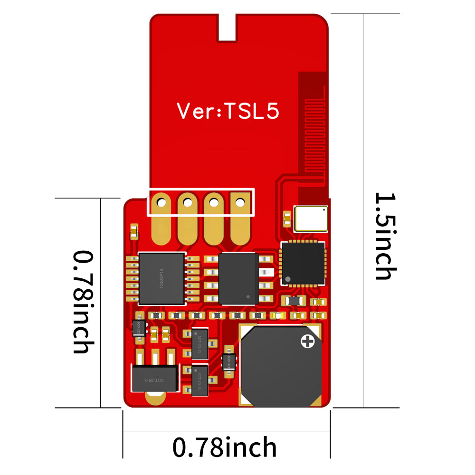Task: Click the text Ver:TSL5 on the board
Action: click(228, 111)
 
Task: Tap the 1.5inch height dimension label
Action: click(385, 236)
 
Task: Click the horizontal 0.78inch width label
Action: click(225, 447)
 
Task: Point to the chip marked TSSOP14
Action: click(161, 278)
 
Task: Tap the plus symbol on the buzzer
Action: click(307, 341)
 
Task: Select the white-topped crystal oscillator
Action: click(311, 218)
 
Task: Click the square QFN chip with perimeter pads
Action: click(303, 263)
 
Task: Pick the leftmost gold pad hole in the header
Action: click(161, 203)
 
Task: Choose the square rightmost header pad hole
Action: click(241, 203)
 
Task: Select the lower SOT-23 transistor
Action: click(199, 378)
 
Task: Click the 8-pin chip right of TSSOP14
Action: click(238, 278)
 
